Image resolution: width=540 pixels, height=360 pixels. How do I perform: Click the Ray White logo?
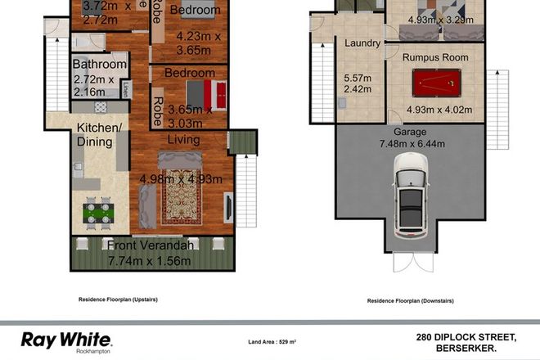(66, 338)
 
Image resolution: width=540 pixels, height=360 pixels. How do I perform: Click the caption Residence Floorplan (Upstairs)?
(118, 299)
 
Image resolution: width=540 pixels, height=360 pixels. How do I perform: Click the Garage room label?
(411, 131)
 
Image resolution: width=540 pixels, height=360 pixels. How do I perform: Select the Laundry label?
(360, 43)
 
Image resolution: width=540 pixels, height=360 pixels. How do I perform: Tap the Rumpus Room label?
(434, 58)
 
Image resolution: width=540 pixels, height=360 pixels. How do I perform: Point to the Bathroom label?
(100, 65)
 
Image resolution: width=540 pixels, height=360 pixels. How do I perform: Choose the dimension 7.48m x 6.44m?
(411, 145)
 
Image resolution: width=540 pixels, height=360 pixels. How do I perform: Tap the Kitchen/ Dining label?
(99, 135)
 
